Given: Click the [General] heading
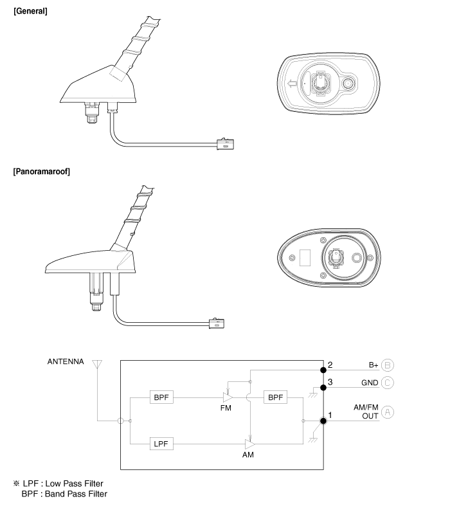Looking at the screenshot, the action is pos(30,11).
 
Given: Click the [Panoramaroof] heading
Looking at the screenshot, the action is pos(42,172).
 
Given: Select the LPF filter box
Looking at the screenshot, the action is pos(161,444).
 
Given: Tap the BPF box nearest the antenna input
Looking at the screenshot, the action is pos(161,397).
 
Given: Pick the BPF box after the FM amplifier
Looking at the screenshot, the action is pos(276,397).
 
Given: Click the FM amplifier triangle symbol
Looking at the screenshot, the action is pos(228,397).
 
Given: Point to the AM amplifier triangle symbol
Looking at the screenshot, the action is pos(250,444).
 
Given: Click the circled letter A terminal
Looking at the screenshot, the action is pos(388,412).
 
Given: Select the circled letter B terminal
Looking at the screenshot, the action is pos(388,365).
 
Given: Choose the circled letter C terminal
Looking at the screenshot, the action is pos(388,383).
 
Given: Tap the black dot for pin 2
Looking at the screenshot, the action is pos(323,370).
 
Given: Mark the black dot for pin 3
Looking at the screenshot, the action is pos(323,388).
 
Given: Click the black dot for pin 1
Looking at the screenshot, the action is pos(323,421).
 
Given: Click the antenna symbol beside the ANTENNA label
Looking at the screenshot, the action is pos(97,365).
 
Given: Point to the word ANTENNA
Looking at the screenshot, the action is pos(66,361).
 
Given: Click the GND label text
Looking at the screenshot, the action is pos(370,383).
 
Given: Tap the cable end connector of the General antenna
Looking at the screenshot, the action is pos(225,143).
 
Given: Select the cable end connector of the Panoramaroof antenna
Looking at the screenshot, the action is pos(217,323).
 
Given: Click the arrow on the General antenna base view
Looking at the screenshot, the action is pos(292,84).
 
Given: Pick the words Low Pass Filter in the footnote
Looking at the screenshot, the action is pos(74,484).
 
